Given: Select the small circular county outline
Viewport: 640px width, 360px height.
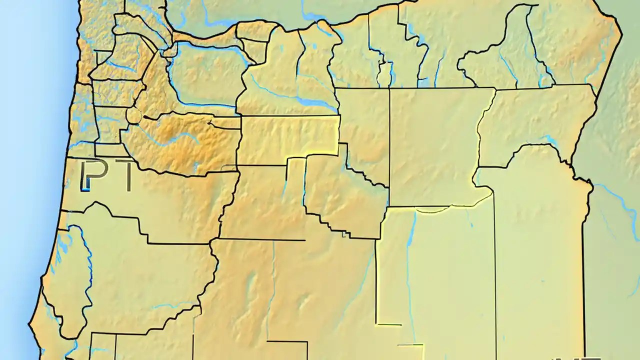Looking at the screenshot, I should tap(134, 115).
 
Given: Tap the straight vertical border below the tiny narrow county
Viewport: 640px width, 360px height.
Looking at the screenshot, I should tap(389, 145).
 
